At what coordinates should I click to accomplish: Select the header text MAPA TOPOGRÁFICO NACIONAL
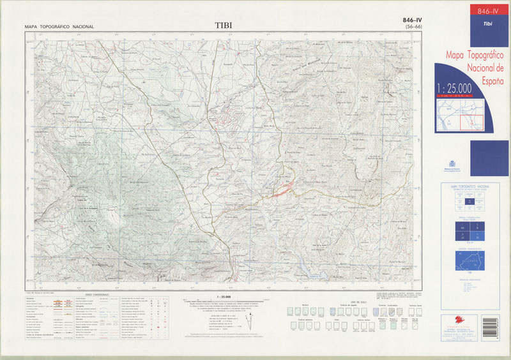click(x=59, y=27)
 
